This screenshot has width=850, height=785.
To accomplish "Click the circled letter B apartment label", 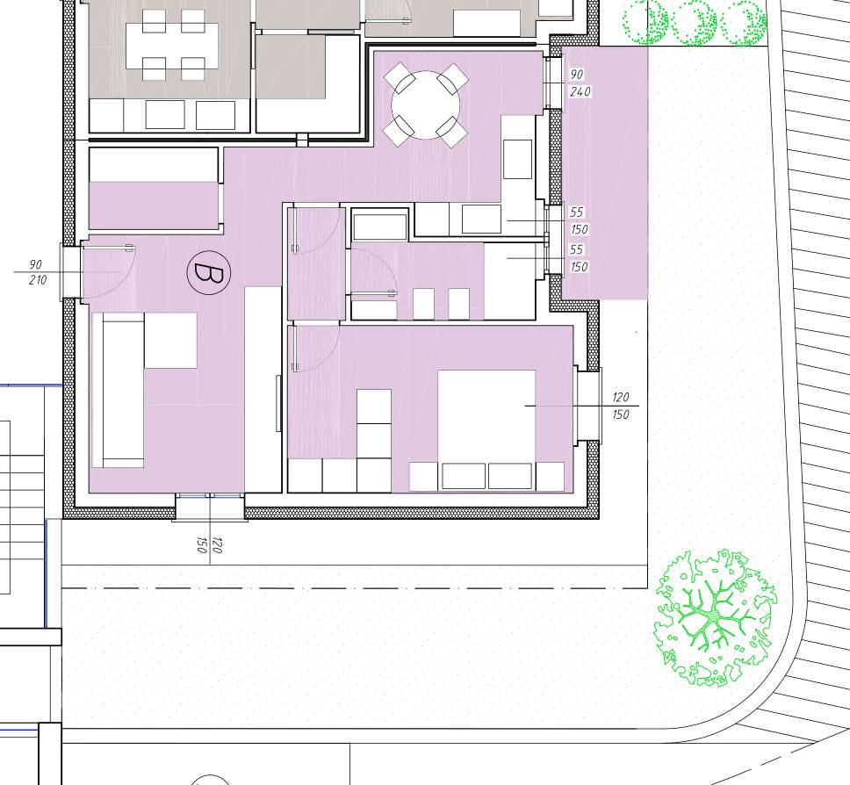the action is tap(209, 273).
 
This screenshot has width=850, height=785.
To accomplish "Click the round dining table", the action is tap(426, 105).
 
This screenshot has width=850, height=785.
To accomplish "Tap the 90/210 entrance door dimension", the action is tap(37, 272).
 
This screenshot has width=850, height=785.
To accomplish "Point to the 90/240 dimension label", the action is tap(579, 83).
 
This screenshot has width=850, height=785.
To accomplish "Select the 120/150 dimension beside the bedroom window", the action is tap(621, 406).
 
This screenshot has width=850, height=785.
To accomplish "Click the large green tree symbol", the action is tap(715, 617).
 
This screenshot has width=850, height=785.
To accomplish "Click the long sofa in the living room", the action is tap(119, 390).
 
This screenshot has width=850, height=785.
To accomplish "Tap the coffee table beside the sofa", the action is tap(170, 341).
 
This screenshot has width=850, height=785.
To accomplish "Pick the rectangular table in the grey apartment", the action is tap(172, 46).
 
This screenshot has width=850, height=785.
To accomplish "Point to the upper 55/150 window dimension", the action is tap(579, 220).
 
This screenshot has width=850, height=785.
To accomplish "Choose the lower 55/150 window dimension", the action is tap(579, 258).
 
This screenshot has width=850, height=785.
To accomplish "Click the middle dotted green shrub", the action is tap(695, 24).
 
